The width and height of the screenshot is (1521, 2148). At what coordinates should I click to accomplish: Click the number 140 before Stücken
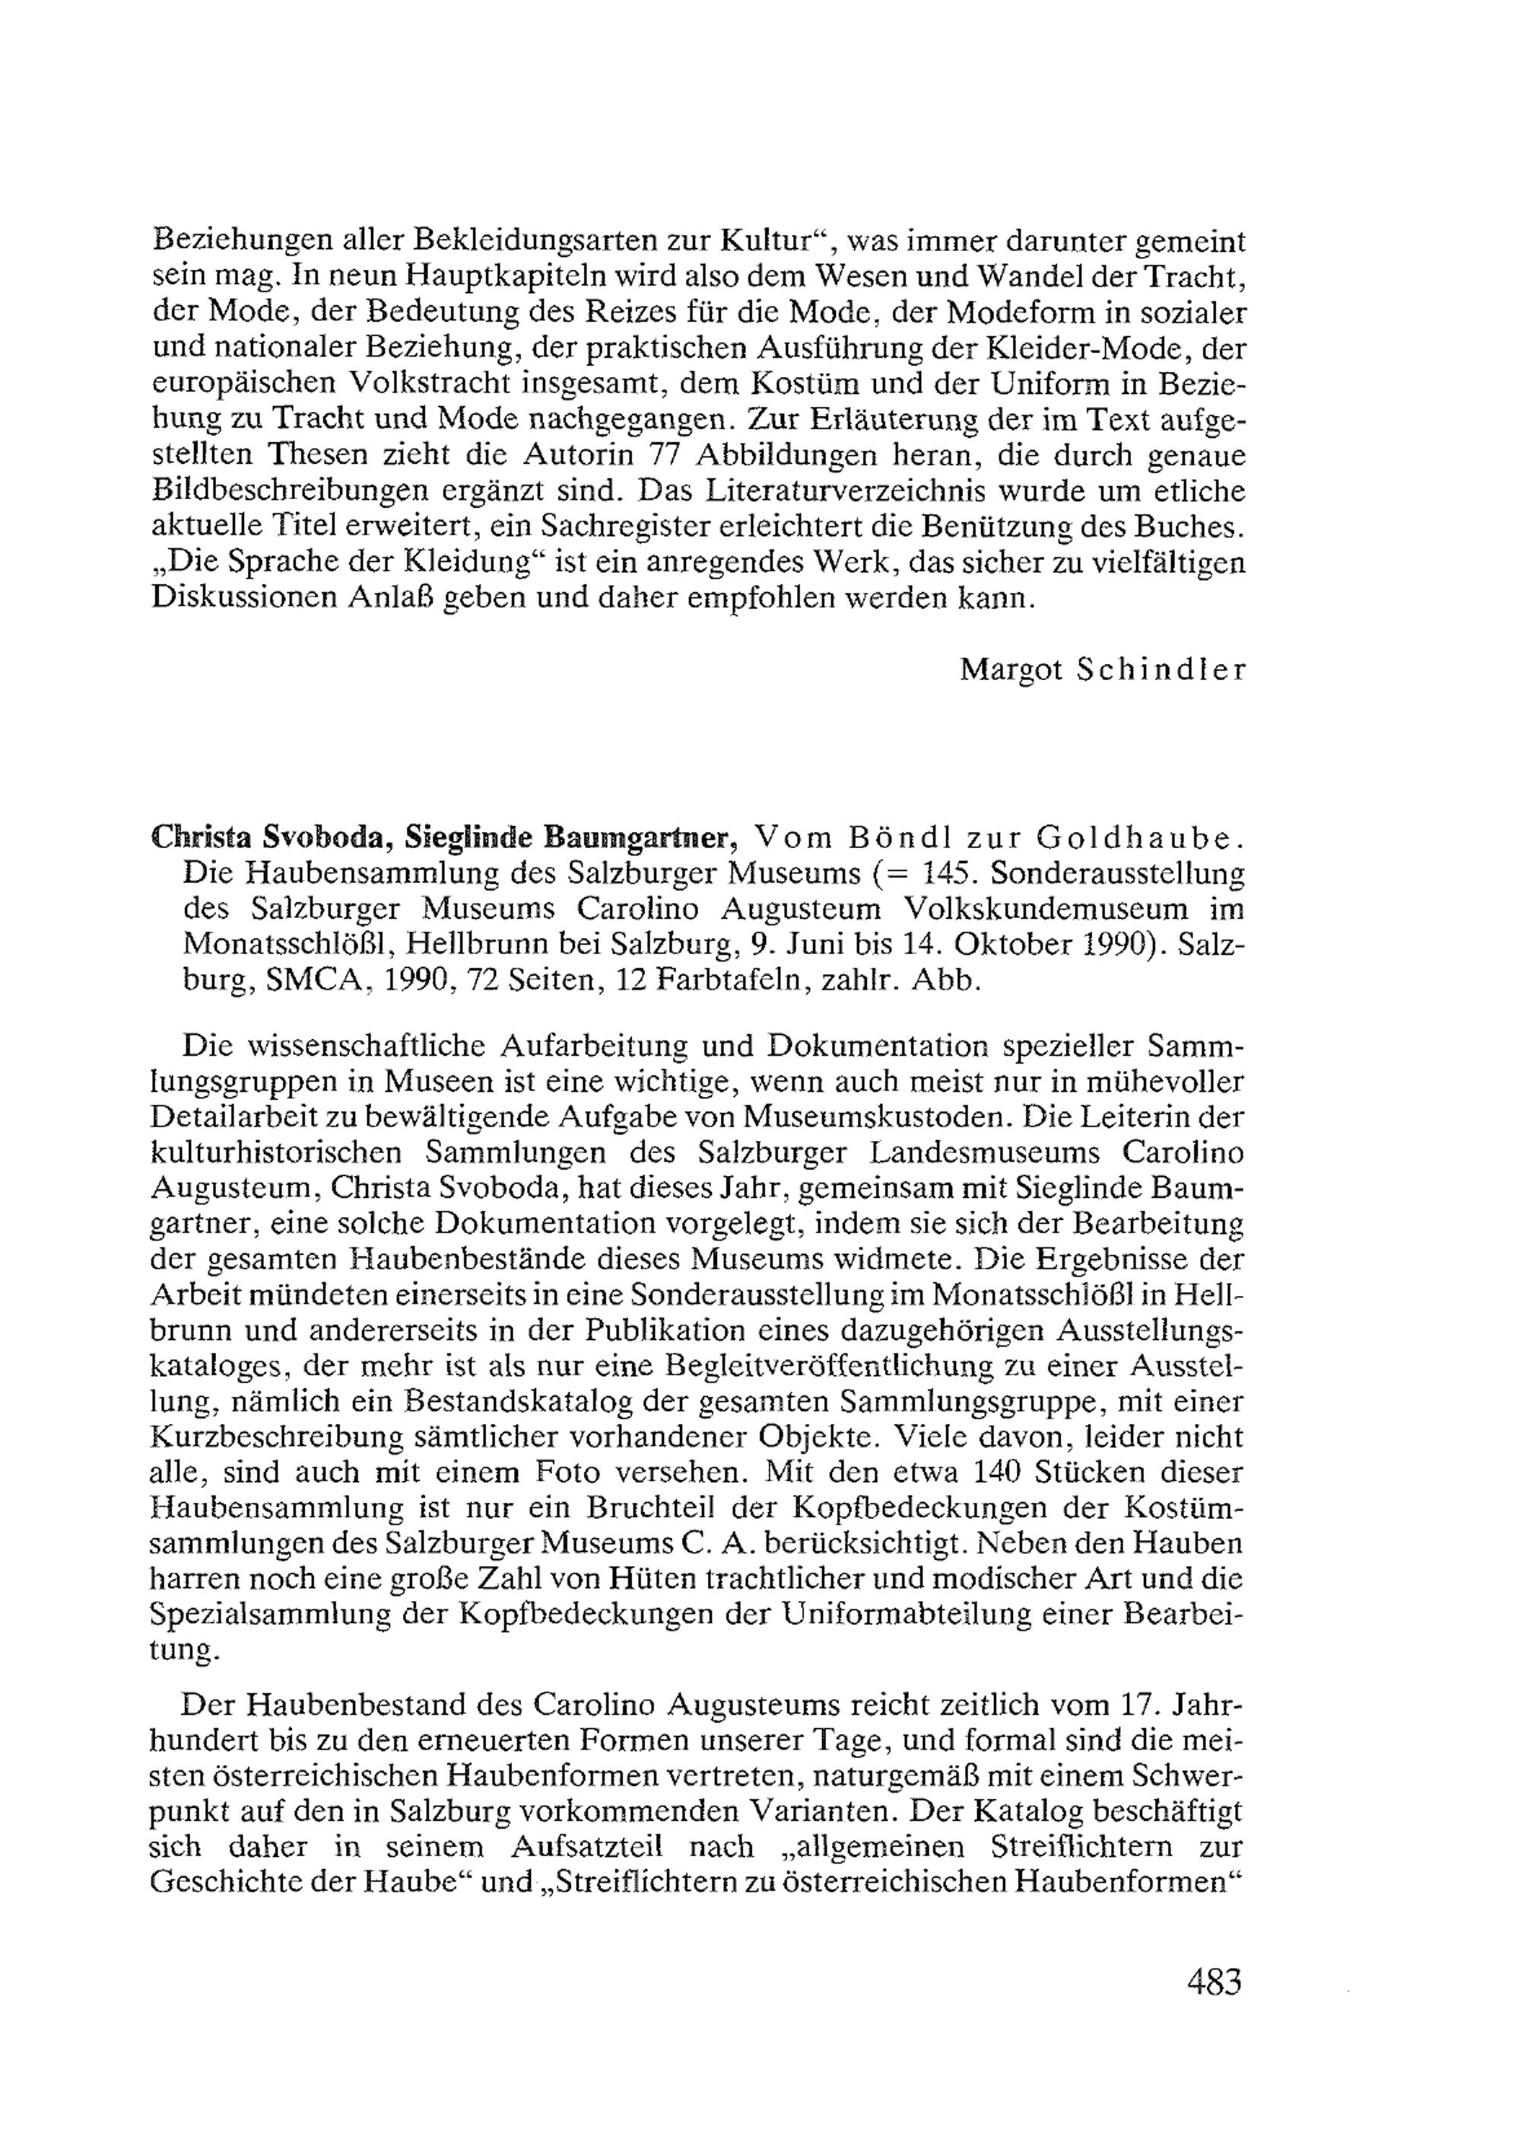coord(999,1472)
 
